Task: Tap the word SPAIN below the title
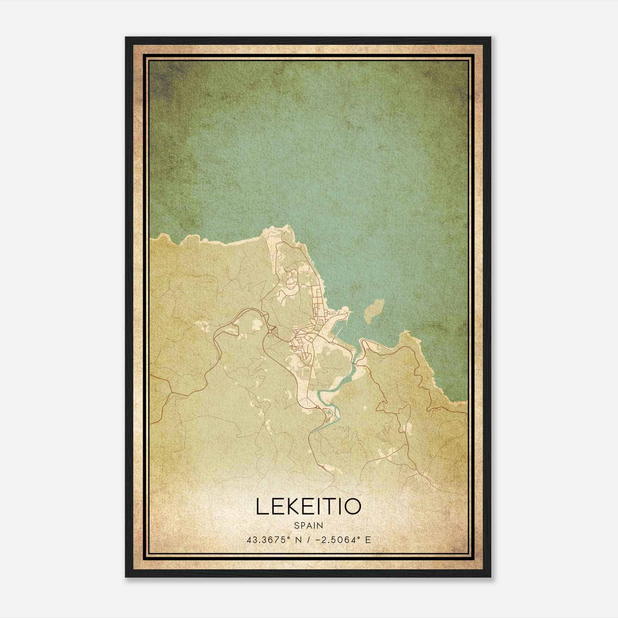pyautogui.click(x=308, y=525)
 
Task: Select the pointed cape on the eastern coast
pyautogui.click(x=405, y=332)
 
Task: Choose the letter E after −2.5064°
pyautogui.click(x=368, y=540)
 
